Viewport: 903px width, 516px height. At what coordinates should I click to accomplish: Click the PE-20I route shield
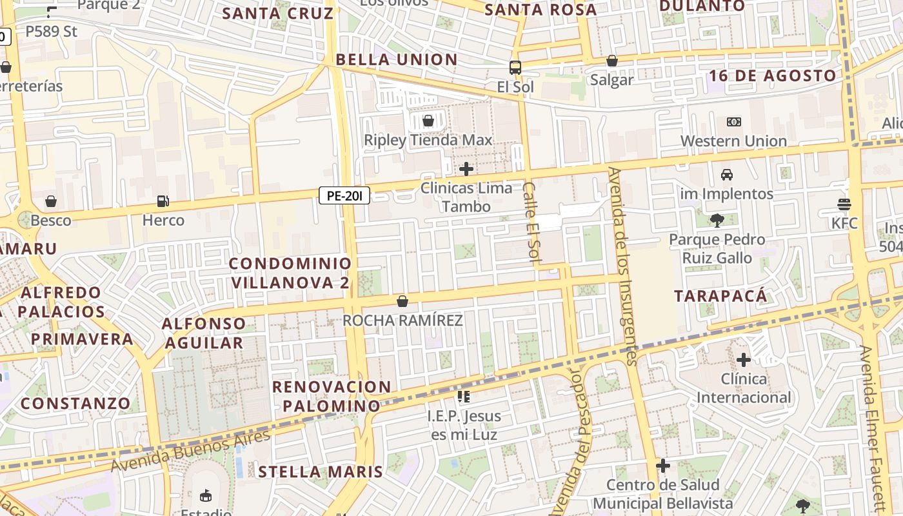344,195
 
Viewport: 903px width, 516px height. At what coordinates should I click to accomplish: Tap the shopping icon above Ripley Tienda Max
428,121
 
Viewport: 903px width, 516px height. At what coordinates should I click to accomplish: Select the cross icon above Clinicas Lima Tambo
466,169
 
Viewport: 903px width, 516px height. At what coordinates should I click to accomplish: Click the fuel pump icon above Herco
163,201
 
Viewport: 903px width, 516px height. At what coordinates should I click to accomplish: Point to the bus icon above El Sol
515,67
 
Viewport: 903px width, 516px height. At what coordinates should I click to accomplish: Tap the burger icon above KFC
844,204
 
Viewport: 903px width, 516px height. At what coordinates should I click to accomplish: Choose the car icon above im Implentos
727,174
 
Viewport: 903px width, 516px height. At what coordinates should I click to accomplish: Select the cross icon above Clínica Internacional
744,360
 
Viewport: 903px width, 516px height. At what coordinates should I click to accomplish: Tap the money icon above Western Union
734,122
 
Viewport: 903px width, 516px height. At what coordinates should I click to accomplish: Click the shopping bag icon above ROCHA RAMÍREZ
402,301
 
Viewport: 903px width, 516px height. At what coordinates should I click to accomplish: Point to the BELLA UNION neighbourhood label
397,60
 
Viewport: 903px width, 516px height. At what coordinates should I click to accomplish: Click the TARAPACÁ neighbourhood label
721,296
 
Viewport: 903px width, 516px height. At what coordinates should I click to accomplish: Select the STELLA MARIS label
321,471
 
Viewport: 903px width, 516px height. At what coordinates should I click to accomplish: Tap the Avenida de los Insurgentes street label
623,266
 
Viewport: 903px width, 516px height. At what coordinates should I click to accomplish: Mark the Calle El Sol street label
533,223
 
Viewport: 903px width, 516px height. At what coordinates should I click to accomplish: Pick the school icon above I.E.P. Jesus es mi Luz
464,396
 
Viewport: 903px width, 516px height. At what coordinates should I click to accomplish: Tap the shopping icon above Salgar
612,61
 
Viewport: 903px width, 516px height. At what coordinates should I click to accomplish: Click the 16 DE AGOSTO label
773,75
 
